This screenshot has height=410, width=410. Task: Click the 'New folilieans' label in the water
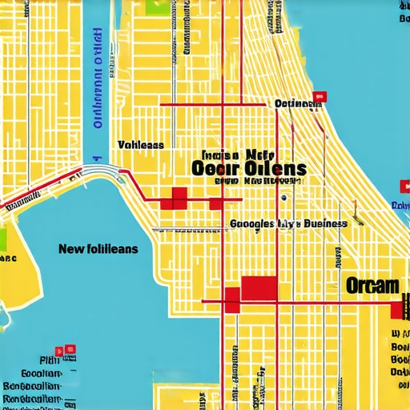[x=98, y=249]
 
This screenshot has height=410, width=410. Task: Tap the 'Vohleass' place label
[x=140, y=145]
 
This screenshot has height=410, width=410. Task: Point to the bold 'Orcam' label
[x=372, y=285]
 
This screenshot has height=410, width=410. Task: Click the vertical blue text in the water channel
[x=98, y=76]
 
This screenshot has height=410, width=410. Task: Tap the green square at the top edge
[x=157, y=6]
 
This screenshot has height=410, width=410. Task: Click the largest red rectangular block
[x=259, y=289]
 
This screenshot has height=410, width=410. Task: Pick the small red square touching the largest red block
[x=232, y=299]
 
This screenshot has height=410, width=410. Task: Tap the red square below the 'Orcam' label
[x=397, y=309]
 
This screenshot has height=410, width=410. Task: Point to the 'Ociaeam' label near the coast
[x=295, y=103]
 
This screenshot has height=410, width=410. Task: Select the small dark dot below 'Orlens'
[x=283, y=197]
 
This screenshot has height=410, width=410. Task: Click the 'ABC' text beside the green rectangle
[x=8, y=259]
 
